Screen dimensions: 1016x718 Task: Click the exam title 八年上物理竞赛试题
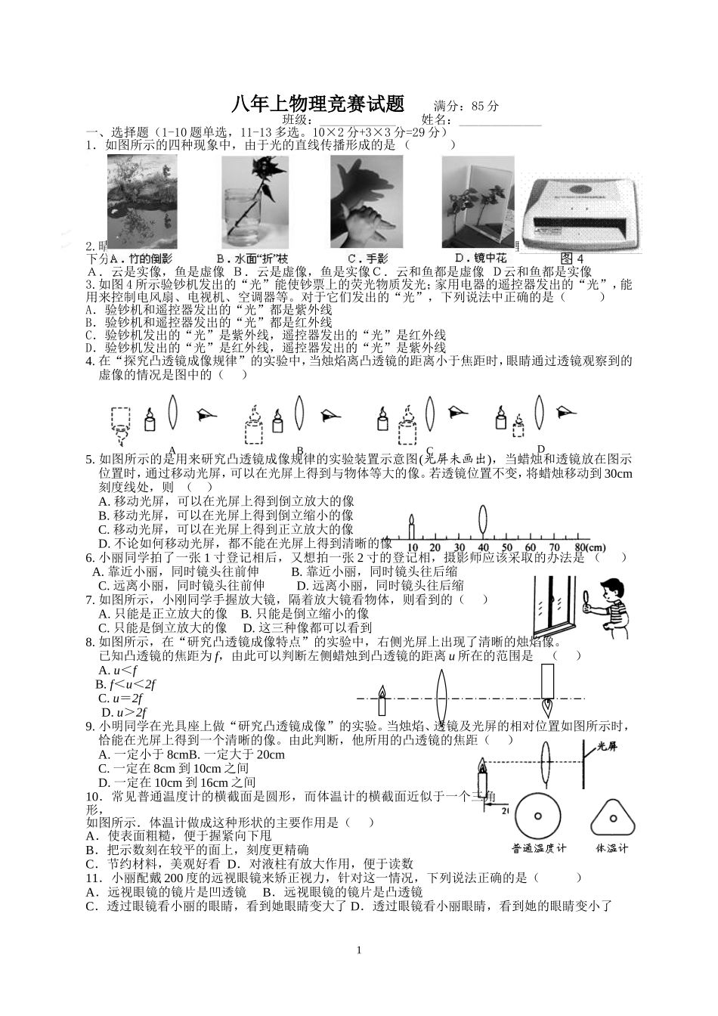(318, 104)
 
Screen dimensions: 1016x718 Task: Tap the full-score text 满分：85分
(466, 106)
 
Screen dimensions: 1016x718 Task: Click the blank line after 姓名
(500, 119)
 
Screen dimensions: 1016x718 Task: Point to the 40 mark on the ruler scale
(484, 547)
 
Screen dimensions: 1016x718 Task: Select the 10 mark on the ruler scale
(413, 547)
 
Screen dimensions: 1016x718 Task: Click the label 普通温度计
(539, 848)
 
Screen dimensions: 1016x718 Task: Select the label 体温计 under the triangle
(612, 848)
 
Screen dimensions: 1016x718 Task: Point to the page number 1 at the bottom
(359, 950)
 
